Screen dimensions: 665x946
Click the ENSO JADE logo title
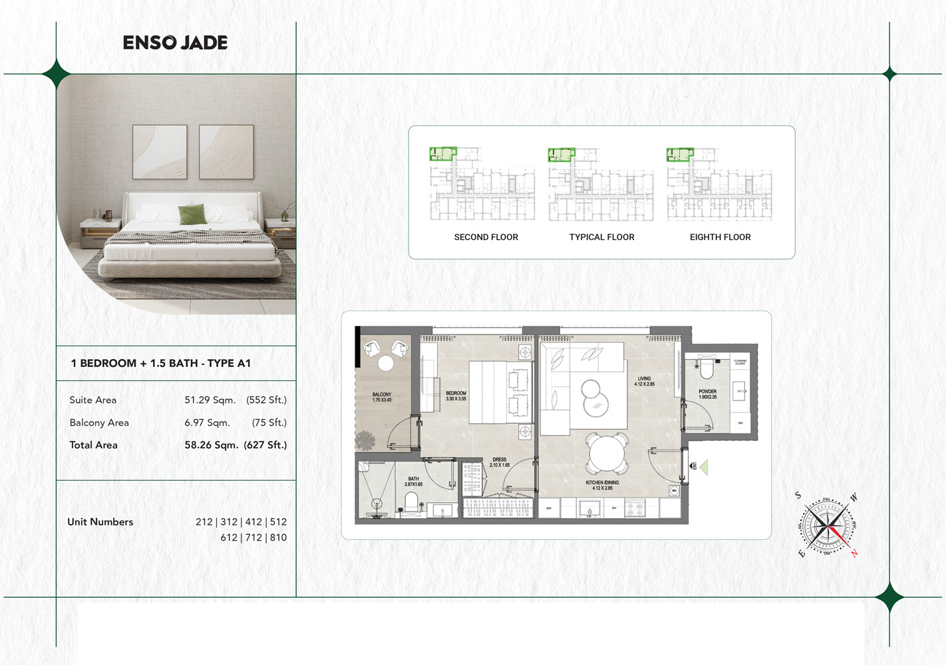coord(175,43)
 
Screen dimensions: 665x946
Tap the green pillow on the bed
coord(192,214)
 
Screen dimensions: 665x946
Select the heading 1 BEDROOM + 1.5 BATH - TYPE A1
coord(160,363)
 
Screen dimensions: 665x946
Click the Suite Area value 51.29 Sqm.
coord(210,400)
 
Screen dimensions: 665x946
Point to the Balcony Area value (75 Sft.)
coord(269,422)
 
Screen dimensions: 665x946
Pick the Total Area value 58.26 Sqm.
coord(211,445)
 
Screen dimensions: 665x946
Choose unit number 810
coord(278,537)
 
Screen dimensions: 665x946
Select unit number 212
coord(204,522)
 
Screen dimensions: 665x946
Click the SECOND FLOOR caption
coord(486,237)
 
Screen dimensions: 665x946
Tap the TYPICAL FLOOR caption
coord(601,237)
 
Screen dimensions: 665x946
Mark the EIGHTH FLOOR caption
coord(720,237)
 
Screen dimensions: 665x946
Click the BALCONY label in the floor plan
coord(382,395)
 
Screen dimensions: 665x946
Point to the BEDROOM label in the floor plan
coord(456,394)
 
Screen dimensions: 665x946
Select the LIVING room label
coord(644,379)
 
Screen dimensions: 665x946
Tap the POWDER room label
coord(707,392)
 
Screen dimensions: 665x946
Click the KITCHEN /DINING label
coord(602,483)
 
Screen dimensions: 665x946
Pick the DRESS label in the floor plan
coord(500,460)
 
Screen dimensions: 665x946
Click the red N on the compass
coord(854,553)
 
